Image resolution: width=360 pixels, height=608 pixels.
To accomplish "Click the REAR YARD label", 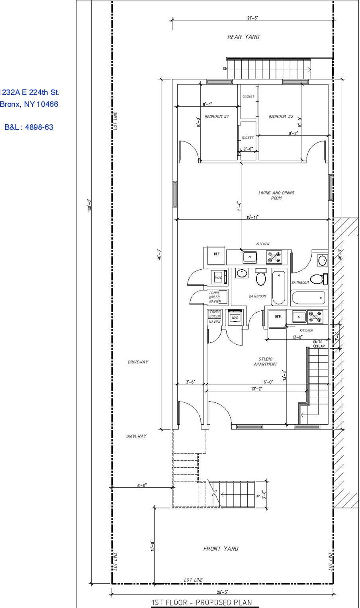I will tap(243, 37).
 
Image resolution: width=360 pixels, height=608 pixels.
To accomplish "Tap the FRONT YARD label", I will tap(221, 549).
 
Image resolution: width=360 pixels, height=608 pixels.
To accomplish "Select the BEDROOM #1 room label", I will tap(217, 117).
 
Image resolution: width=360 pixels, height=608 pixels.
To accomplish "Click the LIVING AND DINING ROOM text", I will tap(276, 195).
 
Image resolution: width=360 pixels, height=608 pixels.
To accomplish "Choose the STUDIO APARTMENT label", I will tap(265, 362).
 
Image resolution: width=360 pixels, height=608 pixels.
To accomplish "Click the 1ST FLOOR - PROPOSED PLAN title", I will tap(202, 602).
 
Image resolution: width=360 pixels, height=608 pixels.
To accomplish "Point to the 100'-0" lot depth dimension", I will tap(90, 205).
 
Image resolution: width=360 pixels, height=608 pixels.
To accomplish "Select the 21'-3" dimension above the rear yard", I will tap(252, 18).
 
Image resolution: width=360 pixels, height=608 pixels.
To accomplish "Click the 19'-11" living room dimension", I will tap(252, 217).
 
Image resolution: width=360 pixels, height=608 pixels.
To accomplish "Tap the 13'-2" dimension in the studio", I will tap(256, 389).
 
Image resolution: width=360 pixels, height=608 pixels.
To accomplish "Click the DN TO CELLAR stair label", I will tap(319, 344).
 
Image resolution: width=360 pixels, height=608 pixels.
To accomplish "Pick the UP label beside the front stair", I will tap(257, 496).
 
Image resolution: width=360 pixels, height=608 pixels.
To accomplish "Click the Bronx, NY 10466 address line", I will tap(29, 104).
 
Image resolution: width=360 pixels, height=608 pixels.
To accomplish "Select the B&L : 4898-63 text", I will tap(29, 127).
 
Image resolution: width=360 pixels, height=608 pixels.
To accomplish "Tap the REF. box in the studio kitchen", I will tap(278, 317).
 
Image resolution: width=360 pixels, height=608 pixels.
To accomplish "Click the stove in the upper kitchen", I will tap(274, 257).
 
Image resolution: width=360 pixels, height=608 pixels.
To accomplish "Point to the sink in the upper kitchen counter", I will tap(250, 257).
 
